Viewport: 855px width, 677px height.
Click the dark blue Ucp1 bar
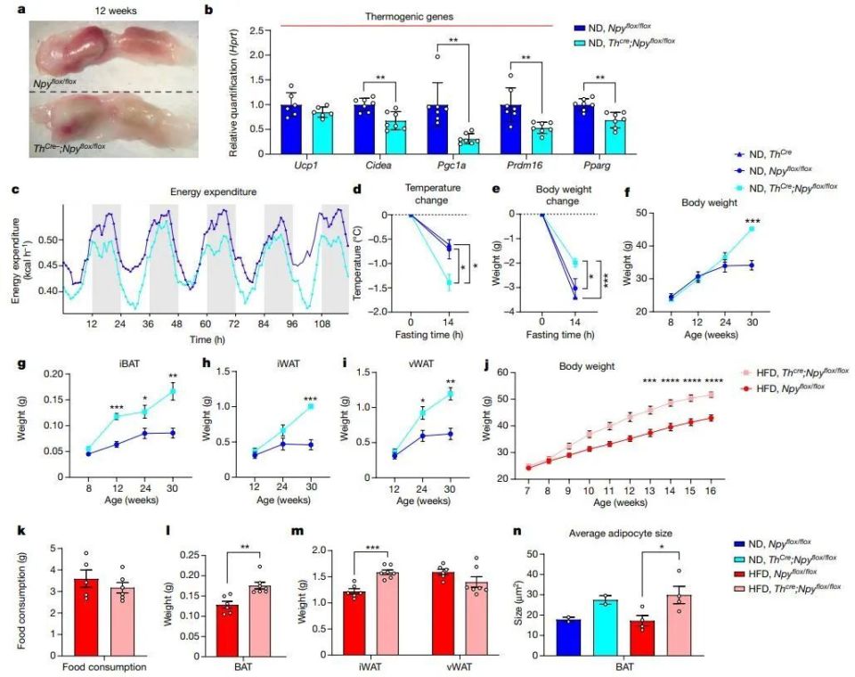click(x=290, y=129)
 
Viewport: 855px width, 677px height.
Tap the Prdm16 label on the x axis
click(x=525, y=166)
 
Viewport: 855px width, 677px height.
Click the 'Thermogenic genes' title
click(x=409, y=16)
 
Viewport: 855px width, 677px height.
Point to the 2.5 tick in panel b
click(x=256, y=30)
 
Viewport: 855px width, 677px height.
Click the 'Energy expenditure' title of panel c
click(x=213, y=192)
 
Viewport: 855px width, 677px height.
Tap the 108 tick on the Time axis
click(x=322, y=324)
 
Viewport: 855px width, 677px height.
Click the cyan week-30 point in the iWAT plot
click(x=311, y=406)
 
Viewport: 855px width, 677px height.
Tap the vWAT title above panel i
click(x=420, y=363)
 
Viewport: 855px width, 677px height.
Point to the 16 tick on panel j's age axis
click(x=711, y=491)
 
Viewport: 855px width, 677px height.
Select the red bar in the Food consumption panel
click(x=86, y=617)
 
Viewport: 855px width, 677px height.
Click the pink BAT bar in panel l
click(x=259, y=621)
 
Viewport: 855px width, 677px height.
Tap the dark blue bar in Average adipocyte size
click(x=568, y=638)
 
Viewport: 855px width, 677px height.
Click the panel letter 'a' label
click(x=21, y=9)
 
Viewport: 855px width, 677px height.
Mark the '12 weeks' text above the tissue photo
click(x=116, y=11)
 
